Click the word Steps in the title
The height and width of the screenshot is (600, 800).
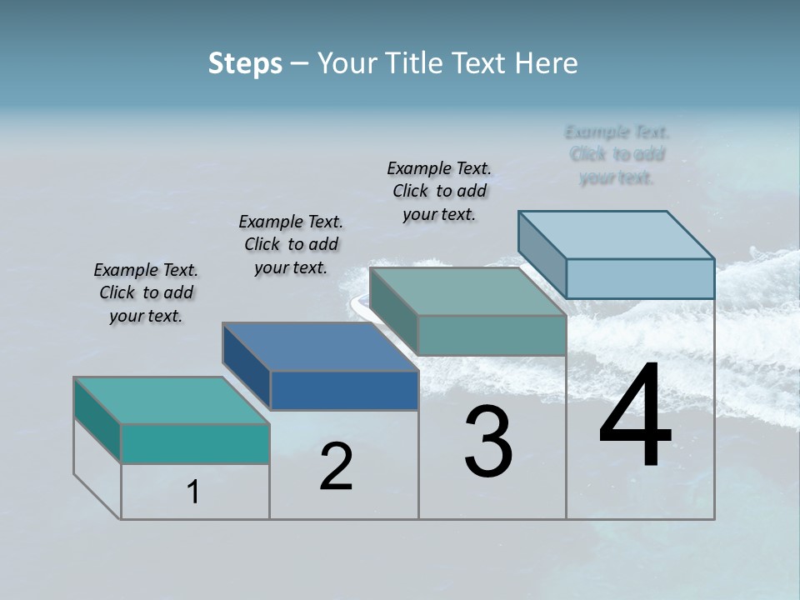click(x=245, y=63)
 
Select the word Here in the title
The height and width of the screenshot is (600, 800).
click(x=547, y=63)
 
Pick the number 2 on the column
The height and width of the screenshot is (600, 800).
click(x=336, y=467)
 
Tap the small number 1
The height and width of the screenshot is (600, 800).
click(x=193, y=492)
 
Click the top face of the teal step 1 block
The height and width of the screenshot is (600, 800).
click(x=171, y=400)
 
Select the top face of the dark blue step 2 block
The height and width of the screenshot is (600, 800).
click(x=320, y=346)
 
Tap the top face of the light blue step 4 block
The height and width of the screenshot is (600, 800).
click(x=617, y=235)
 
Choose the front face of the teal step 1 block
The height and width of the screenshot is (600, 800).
click(x=195, y=443)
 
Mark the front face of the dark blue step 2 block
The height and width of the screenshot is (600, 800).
click(x=344, y=390)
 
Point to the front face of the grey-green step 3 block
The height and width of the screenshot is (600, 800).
click(x=492, y=336)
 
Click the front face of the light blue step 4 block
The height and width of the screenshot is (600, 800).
click(x=640, y=278)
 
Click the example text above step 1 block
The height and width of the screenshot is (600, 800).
click(x=146, y=292)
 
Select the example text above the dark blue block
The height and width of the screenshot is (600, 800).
click(x=291, y=244)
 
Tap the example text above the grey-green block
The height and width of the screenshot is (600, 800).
click(x=439, y=191)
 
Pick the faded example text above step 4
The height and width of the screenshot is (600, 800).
click(x=617, y=154)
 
